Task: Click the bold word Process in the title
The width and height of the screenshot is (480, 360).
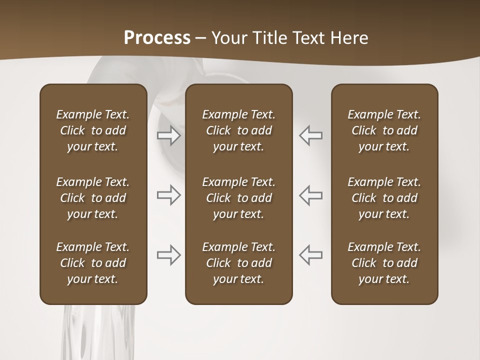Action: [157, 38]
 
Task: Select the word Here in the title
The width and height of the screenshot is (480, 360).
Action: [349, 38]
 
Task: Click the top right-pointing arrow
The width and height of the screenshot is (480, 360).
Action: [168, 135]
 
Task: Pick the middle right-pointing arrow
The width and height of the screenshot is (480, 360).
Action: [168, 195]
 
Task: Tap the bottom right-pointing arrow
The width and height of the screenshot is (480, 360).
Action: [168, 255]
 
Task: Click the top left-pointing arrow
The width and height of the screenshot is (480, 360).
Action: [311, 135]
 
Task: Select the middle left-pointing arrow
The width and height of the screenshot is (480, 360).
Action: [311, 195]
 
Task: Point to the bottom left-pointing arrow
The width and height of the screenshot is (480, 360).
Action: [311, 255]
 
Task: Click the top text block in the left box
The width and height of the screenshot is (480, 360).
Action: [93, 130]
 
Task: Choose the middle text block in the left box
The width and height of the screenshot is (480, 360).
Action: [93, 198]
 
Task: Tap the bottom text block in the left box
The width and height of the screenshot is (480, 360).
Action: [93, 263]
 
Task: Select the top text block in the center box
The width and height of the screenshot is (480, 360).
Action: [238, 130]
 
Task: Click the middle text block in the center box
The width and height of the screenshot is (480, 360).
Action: [238, 198]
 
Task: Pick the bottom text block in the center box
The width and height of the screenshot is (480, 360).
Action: [238, 263]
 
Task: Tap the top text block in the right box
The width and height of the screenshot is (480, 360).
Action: [384, 130]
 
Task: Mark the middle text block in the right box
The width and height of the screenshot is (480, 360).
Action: [384, 198]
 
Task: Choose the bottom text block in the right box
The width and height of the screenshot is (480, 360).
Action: [384, 263]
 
